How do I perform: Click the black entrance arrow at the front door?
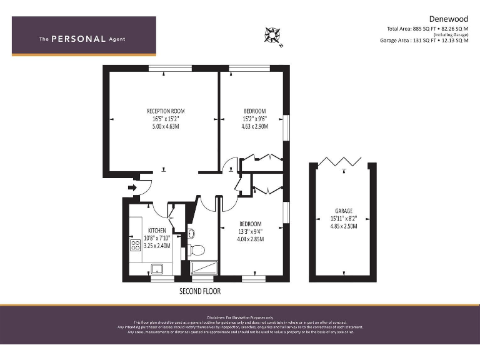tap(132, 187)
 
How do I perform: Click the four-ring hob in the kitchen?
tap(134, 245)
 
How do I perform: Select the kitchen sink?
tap(157, 269)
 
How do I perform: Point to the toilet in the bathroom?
tap(196, 251)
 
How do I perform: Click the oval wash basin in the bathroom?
tap(191, 234)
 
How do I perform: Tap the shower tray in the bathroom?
tap(204, 267)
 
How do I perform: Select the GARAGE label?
tap(343, 211)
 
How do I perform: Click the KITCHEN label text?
tap(157, 230)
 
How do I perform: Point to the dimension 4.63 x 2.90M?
tap(254, 126)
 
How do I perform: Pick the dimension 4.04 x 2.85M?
tap(251, 239)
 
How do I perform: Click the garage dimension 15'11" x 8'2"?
tap(343, 219)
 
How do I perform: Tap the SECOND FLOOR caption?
tap(199, 291)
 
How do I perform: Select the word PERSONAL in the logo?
tap(78, 39)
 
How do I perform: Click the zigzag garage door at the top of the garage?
tap(342, 162)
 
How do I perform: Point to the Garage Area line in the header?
tap(423, 40)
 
